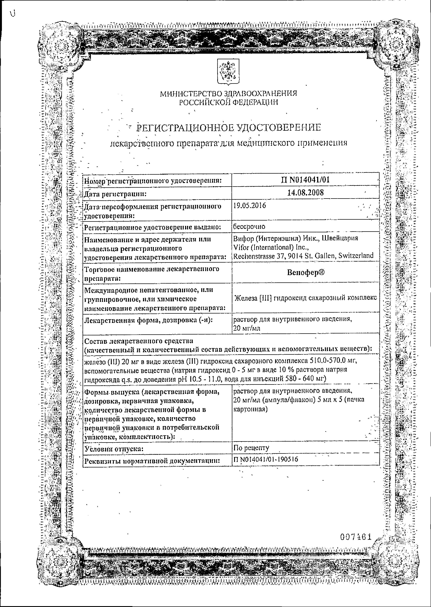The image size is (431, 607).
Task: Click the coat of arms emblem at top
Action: (x=228, y=72)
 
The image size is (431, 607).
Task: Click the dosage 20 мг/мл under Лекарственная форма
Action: (x=247, y=328)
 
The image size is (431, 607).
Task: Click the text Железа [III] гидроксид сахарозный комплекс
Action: (x=306, y=298)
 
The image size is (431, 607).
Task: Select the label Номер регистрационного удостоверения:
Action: (x=153, y=181)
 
